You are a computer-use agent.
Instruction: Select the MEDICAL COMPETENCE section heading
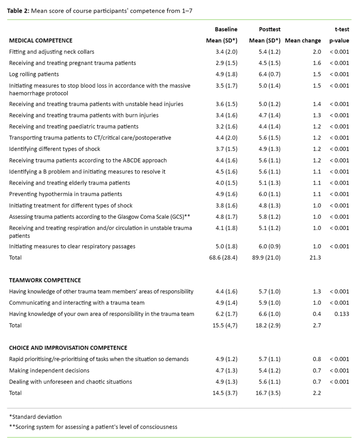(x=41, y=41)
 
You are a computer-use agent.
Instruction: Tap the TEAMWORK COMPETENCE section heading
(x=45, y=280)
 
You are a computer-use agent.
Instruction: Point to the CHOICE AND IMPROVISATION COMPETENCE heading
(x=68, y=348)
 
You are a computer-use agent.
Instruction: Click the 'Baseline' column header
(x=226, y=29)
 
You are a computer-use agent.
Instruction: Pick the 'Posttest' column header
(x=270, y=29)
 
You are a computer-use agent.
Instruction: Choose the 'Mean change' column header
(x=303, y=41)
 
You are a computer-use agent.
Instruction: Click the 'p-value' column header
(x=339, y=41)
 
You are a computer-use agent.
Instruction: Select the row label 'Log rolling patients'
(x=34, y=74)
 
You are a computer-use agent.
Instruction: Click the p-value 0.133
(x=341, y=314)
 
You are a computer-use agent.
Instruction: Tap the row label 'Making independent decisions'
(x=49, y=371)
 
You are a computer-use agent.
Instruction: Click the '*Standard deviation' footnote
(x=35, y=417)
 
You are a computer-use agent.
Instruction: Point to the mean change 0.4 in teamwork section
(x=317, y=314)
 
